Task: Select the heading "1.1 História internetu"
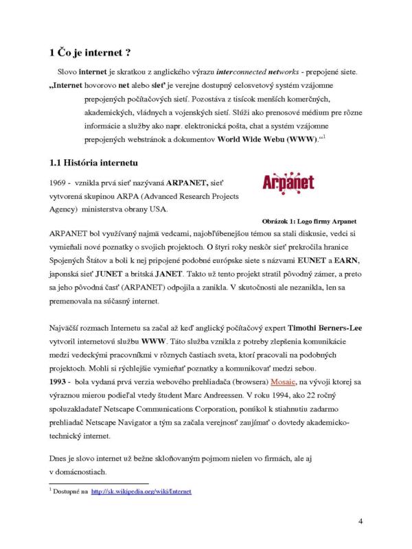(94, 163)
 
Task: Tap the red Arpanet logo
(288, 183)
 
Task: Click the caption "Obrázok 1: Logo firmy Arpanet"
(312, 222)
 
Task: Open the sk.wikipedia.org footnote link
(141, 492)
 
